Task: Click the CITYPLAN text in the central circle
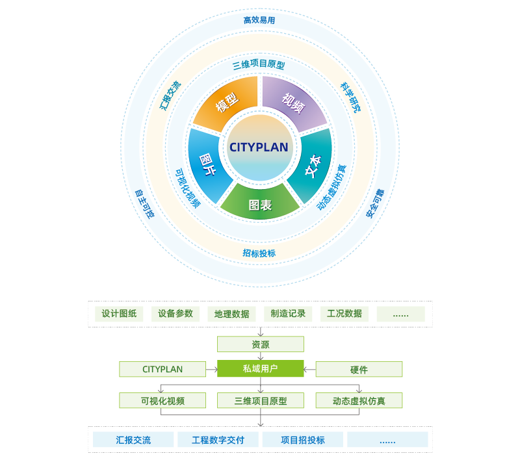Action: coord(259,147)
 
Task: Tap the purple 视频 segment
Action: coord(293,101)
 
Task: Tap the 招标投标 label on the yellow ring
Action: coord(259,253)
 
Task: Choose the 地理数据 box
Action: coord(232,314)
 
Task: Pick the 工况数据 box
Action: coord(344,314)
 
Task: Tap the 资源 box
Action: coord(260,344)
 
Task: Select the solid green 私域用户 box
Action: coord(260,369)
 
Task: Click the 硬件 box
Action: coord(359,370)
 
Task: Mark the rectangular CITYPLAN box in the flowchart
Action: coord(162,370)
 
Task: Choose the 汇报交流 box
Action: coord(133,440)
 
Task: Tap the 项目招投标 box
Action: coord(303,440)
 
